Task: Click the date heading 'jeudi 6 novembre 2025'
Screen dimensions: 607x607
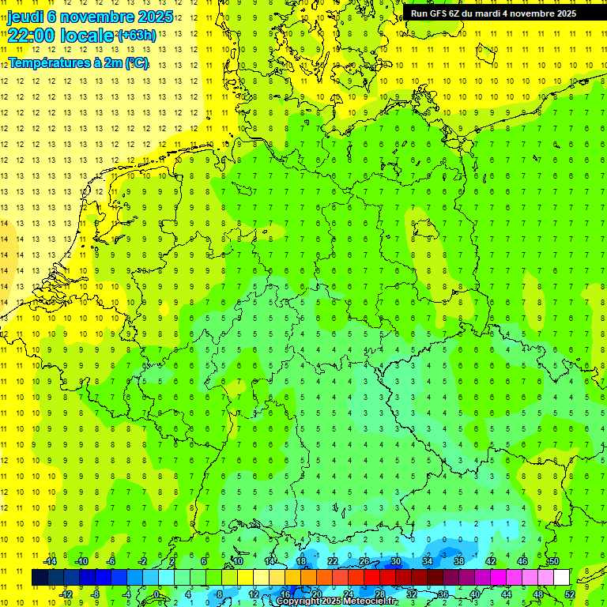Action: (x=90, y=17)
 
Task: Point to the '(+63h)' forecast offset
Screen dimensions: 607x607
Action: (x=137, y=35)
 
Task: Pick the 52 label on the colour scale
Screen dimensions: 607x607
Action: (x=570, y=594)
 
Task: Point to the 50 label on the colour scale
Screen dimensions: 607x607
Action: (x=554, y=561)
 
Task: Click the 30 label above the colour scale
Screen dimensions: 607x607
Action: (x=396, y=561)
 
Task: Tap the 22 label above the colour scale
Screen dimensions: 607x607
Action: (x=333, y=561)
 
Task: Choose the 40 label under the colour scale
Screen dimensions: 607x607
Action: (x=475, y=594)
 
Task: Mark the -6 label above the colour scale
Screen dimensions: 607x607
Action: (x=111, y=561)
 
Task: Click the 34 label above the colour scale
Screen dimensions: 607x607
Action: (x=428, y=561)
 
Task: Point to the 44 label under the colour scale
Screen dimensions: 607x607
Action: (x=507, y=594)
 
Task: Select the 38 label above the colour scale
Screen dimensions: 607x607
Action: (x=459, y=561)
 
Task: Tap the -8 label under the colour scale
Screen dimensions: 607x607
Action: (x=96, y=594)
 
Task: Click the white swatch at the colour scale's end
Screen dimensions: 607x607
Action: (x=562, y=578)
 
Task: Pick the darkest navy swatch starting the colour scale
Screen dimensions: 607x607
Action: (x=40, y=578)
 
